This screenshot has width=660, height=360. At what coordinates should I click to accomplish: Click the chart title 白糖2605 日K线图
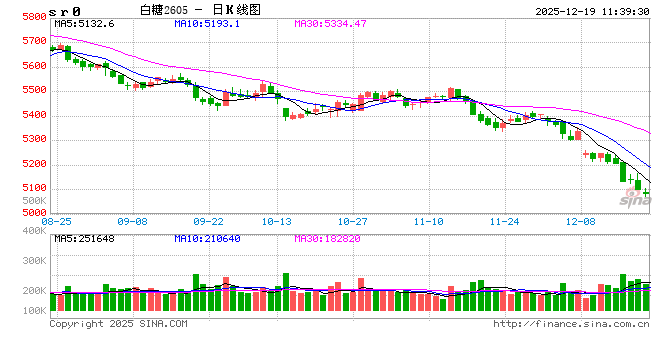tap(199, 8)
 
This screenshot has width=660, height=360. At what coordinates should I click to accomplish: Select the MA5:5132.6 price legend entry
tap(85, 22)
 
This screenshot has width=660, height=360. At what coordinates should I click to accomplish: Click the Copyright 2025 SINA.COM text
tap(118, 324)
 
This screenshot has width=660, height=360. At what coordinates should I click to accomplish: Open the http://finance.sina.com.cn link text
tap(571, 324)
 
